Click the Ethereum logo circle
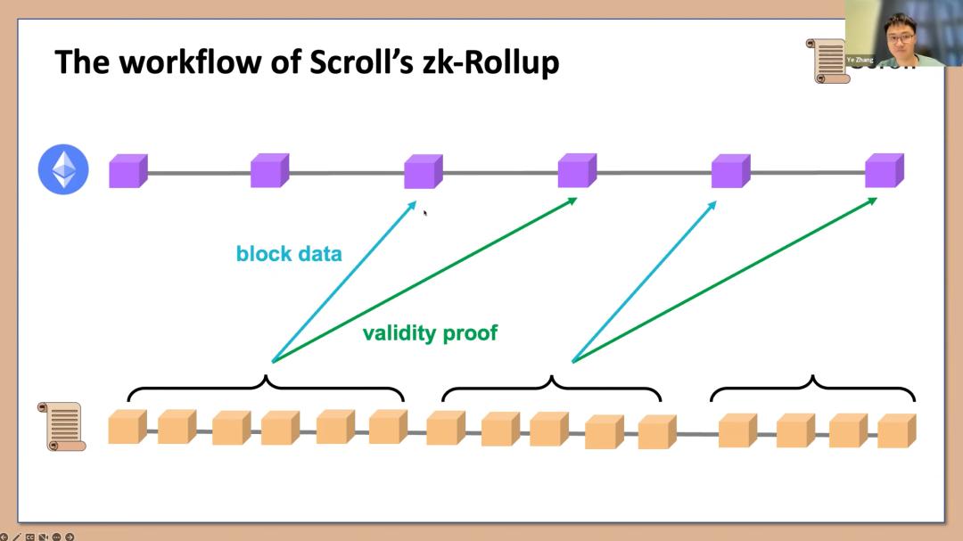(63, 169)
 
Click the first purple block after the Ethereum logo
(128, 170)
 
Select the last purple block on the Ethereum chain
(884, 170)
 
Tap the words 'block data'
(289, 254)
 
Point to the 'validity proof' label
(430, 333)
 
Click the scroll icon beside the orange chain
(62, 426)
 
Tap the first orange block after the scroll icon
(127, 428)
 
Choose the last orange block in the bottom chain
(896, 430)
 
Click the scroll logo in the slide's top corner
(827, 61)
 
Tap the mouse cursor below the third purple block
(424, 212)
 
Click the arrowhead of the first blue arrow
(413, 204)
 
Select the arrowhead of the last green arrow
(873, 201)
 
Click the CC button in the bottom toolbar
(29, 537)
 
